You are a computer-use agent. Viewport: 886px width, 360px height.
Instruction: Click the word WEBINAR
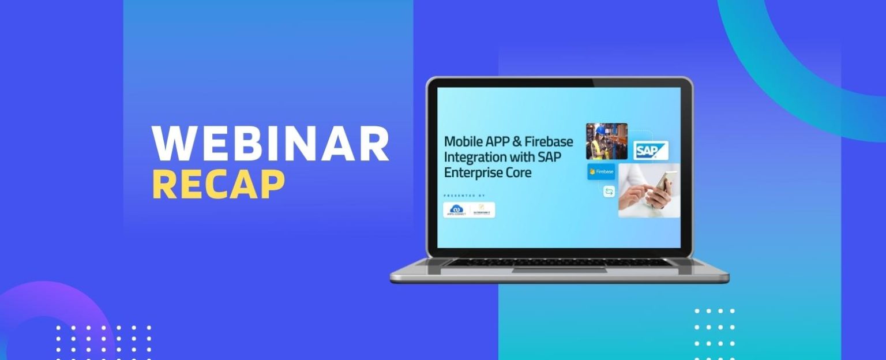pyautogui.click(x=270, y=144)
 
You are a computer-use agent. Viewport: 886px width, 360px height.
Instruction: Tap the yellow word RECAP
pyautogui.click(x=219, y=185)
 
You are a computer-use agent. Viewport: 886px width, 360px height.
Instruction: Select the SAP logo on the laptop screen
pyautogui.click(x=651, y=151)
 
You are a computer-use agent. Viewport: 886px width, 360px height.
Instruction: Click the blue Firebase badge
pyautogui.click(x=601, y=171)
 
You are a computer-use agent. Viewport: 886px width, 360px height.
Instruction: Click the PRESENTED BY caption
pyautogui.click(x=464, y=196)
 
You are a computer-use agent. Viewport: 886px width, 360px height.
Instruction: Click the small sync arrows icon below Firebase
pyautogui.click(x=609, y=192)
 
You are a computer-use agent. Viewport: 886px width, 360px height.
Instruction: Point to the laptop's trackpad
pyautogui.click(x=559, y=269)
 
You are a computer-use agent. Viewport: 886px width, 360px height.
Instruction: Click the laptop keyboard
pyautogui.click(x=559, y=262)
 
